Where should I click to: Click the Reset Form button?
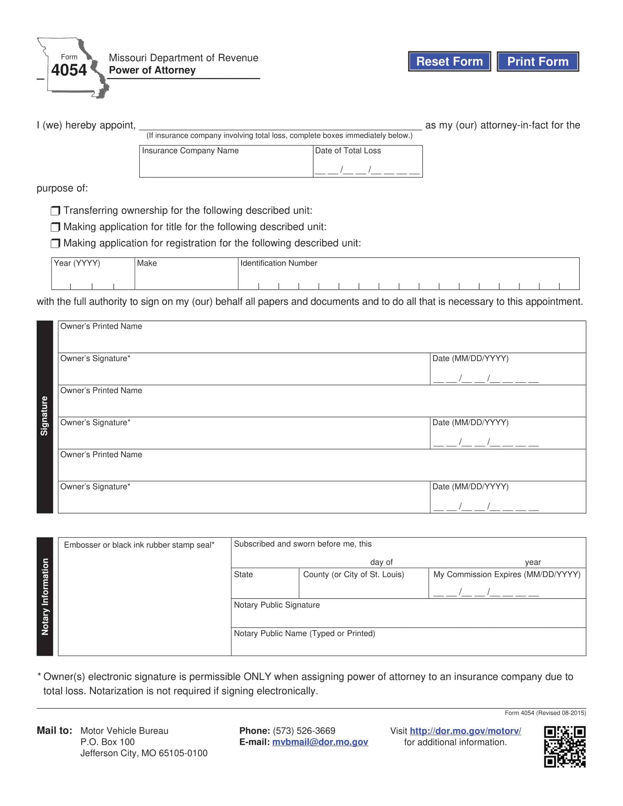(449, 61)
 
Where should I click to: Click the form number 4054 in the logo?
(69, 70)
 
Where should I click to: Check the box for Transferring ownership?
(55, 211)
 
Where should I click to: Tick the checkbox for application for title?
(55, 227)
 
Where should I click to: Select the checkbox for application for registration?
(55, 243)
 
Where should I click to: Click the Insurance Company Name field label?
(190, 151)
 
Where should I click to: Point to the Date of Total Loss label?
(348, 151)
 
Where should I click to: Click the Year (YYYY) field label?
(77, 263)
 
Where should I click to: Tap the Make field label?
(147, 263)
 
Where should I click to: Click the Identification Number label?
(279, 263)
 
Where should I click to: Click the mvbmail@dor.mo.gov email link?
(320, 742)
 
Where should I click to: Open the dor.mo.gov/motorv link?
(465, 731)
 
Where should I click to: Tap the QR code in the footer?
(565, 747)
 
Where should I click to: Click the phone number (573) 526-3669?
(304, 731)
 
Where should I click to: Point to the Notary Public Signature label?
(277, 605)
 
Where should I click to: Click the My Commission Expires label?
(507, 574)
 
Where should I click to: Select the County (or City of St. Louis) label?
(354, 574)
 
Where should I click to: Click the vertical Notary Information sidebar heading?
(45, 596)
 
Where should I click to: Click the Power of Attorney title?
(152, 70)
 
